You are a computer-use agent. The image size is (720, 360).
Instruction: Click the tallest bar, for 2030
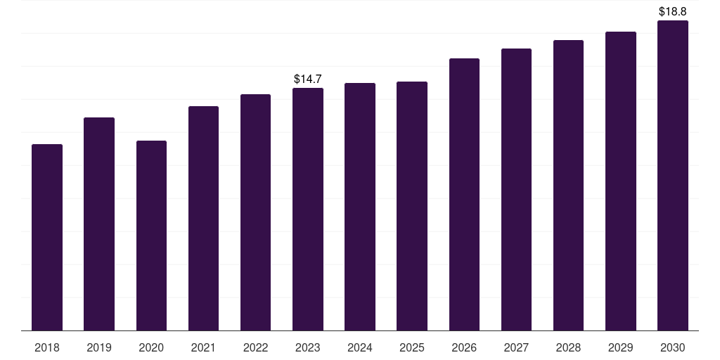[673, 175]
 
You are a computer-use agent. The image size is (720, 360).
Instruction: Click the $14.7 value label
[308, 79]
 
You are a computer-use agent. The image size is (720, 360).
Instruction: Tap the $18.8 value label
[673, 11]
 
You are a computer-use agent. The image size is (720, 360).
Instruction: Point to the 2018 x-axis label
[47, 347]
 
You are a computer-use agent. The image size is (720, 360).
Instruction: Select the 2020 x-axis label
[151, 347]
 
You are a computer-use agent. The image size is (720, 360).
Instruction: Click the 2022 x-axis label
[255, 347]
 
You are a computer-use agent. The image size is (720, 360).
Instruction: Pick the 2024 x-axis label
[360, 347]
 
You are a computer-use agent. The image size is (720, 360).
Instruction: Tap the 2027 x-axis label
[516, 347]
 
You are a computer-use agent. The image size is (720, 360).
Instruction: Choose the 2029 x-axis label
[621, 347]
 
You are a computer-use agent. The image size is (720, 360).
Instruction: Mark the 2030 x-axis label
[673, 347]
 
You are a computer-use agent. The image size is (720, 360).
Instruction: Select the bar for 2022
[255, 212]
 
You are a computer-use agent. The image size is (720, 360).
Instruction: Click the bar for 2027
[516, 189]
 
